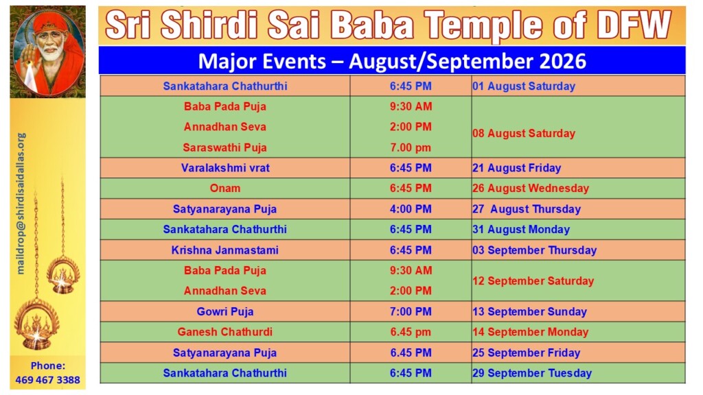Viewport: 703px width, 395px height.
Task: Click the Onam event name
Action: (x=225, y=188)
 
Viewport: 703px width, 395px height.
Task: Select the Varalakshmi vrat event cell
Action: (x=225, y=168)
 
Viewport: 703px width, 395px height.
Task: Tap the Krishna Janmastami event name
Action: (x=225, y=250)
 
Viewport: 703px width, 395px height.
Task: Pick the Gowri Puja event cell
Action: (x=225, y=311)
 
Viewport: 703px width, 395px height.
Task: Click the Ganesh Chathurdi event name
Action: (x=225, y=332)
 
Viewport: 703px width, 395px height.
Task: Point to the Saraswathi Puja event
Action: (x=225, y=147)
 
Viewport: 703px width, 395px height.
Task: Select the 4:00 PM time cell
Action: (x=411, y=208)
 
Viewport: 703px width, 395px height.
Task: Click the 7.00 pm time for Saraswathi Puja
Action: (x=411, y=147)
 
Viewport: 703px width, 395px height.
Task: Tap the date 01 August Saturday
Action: (x=524, y=86)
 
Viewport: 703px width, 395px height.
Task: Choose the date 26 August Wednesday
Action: (x=531, y=188)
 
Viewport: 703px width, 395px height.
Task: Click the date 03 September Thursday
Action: (x=534, y=250)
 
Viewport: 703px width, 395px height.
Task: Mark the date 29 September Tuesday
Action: (x=532, y=373)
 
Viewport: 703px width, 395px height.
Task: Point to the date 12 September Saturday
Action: (x=533, y=280)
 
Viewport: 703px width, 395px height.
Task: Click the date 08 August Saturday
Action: (x=524, y=133)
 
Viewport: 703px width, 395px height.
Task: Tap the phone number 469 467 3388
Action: (x=47, y=380)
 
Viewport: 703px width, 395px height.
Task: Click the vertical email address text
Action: (x=21, y=203)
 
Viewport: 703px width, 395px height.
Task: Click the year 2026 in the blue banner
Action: (x=563, y=61)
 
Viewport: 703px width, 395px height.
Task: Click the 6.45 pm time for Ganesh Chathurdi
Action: (x=411, y=332)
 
